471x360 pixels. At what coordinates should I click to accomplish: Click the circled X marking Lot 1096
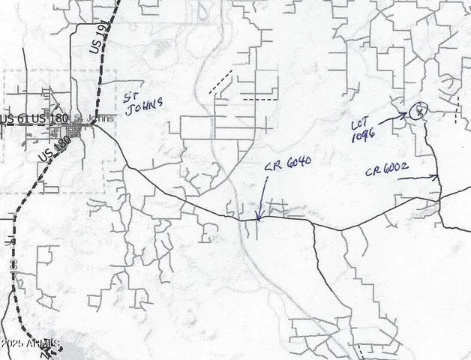point(419,111)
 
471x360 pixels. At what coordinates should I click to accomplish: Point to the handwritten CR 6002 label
point(386,172)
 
